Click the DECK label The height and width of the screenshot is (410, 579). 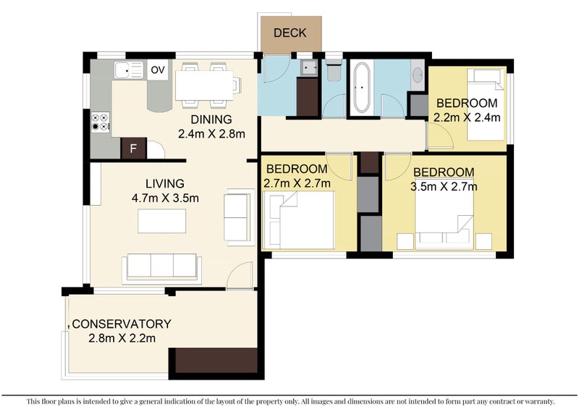[290, 33]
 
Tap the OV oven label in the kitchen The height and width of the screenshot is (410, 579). [158, 70]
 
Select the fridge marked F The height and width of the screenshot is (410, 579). [134, 148]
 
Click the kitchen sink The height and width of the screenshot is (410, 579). [129, 70]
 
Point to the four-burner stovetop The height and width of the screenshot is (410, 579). [101, 122]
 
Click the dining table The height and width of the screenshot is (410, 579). [204, 85]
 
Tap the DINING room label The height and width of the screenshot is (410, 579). [211, 120]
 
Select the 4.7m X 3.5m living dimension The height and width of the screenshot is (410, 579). [165, 198]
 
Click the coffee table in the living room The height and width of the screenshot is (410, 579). [161, 221]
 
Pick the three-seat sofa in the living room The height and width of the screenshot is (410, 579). [161, 268]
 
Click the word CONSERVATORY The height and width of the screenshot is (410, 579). [122, 324]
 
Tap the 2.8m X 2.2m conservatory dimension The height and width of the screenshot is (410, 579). [122, 338]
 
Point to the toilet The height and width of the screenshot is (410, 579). [334, 72]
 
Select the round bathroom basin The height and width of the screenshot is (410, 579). [418, 75]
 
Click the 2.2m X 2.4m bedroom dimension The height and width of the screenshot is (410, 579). [467, 117]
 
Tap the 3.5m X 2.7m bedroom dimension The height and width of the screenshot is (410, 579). [444, 186]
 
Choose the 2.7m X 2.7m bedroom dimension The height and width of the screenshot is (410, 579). [297, 183]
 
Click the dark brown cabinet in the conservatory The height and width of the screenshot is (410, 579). [216, 361]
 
